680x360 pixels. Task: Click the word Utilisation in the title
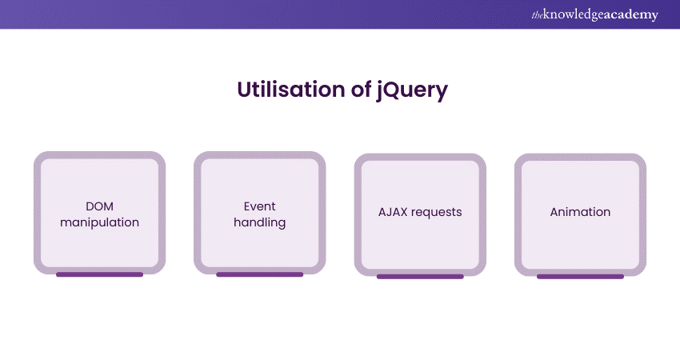(x=292, y=90)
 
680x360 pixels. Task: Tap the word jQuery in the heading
(x=413, y=90)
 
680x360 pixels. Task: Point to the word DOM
(x=99, y=206)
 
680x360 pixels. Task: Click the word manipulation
(x=99, y=222)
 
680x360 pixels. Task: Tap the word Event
(x=260, y=206)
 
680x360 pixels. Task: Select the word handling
(x=260, y=222)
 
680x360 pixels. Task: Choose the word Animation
(x=580, y=212)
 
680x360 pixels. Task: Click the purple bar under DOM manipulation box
(x=99, y=274)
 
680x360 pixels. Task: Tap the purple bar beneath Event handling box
(x=260, y=274)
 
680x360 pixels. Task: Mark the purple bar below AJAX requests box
(x=420, y=276)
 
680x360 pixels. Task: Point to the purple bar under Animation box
(x=580, y=276)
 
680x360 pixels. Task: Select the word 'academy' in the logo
(x=632, y=15)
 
